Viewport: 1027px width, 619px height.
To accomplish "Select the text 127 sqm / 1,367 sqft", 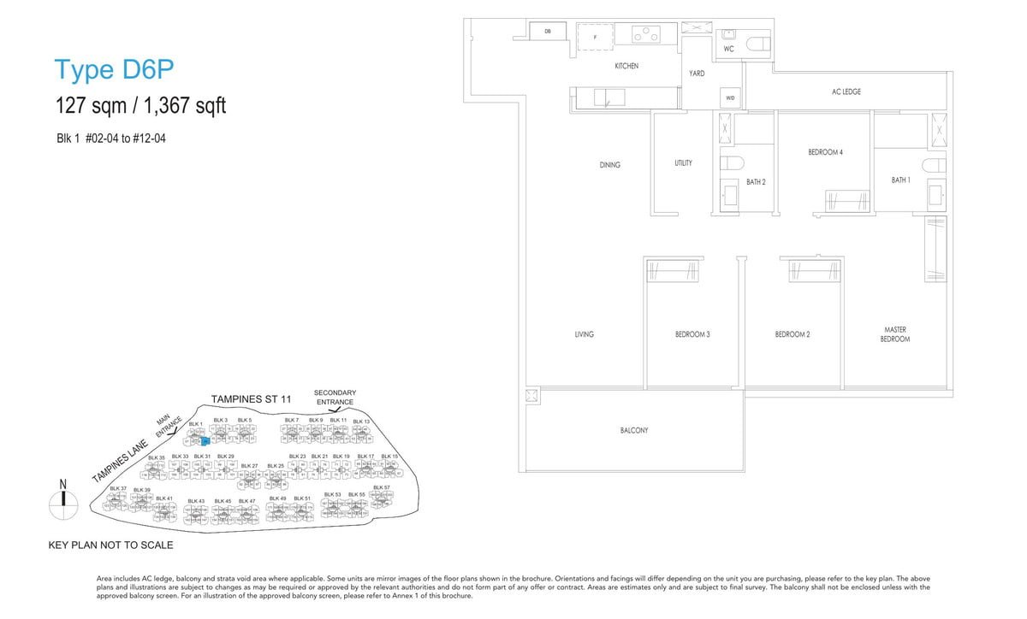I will pyautogui.click(x=140, y=107).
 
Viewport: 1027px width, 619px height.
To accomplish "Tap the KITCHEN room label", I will pyautogui.click(x=626, y=66).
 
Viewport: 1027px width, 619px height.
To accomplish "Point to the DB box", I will pyautogui.click(x=548, y=32).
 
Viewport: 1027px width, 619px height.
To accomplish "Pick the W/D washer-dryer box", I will pyautogui.click(x=730, y=97).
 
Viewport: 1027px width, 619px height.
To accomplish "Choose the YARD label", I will pyautogui.click(x=697, y=74).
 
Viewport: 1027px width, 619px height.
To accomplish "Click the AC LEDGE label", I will pyautogui.click(x=846, y=91).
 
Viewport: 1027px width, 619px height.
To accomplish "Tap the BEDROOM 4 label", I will pyautogui.click(x=825, y=152).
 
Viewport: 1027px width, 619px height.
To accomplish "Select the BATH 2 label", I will pyautogui.click(x=755, y=181).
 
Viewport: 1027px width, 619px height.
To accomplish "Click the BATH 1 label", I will pyautogui.click(x=900, y=180).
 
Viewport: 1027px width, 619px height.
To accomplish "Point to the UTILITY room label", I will pyautogui.click(x=683, y=162).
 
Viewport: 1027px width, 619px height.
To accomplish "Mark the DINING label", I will pyautogui.click(x=609, y=165).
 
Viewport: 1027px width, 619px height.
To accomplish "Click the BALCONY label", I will pyautogui.click(x=634, y=430).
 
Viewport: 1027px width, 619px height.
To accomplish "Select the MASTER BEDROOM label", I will pyautogui.click(x=895, y=334).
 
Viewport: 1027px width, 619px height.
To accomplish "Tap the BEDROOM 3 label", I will pyautogui.click(x=692, y=334).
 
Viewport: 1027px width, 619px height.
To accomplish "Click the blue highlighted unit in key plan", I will pyautogui.click(x=205, y=441).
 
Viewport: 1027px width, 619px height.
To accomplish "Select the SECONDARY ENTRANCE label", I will pyautogui.click(x=335, y=398).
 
